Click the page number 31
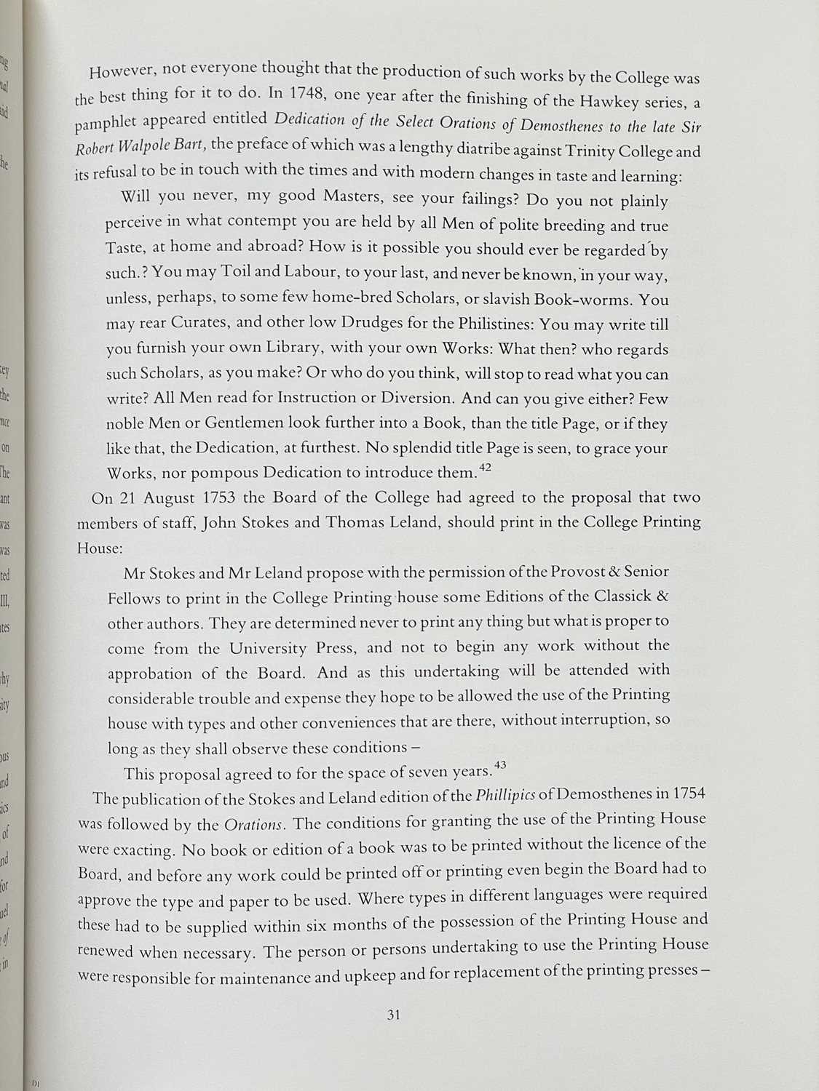pyautogui.click(x=394, y=1016)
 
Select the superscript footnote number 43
pyautogui.click(x=499, y=765)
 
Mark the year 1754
pyautogui.click(x=689, y=794)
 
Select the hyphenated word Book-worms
pyautogui.click(x=583, y=299)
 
